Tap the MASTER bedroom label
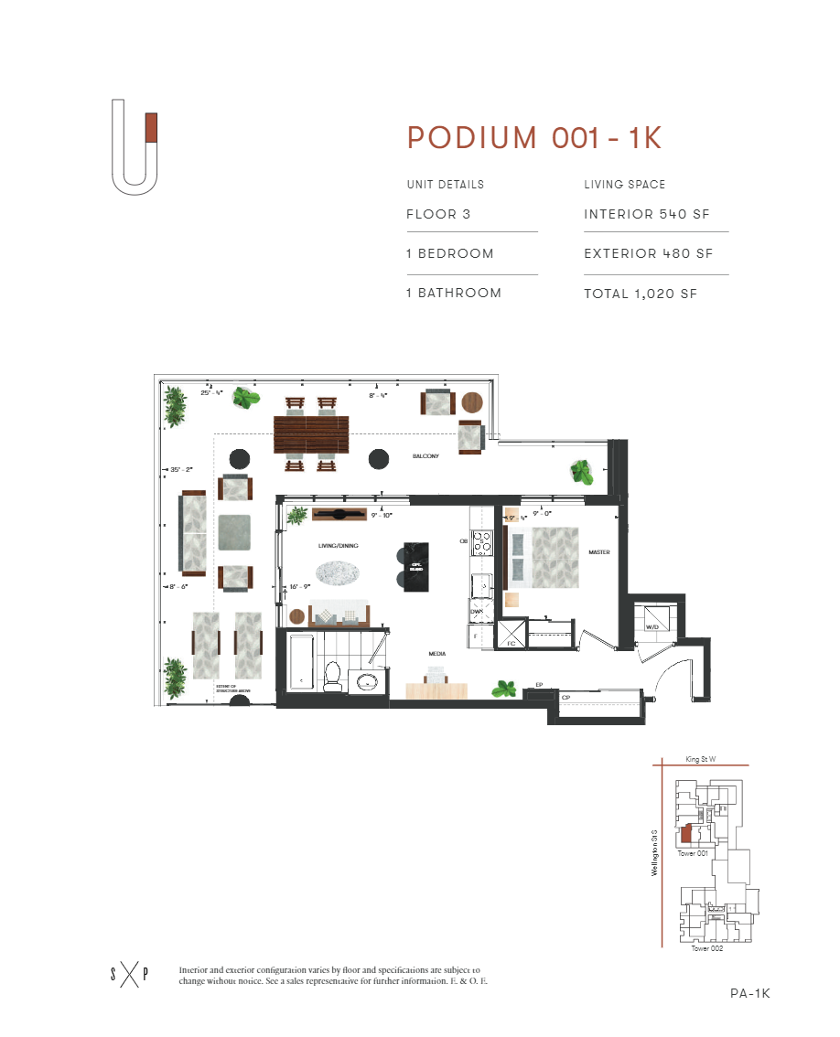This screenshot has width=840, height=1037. [599, 552]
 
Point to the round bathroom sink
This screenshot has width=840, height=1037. [368, 681]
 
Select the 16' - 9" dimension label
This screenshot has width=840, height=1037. [301, 587]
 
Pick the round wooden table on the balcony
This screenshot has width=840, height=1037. [473, 403]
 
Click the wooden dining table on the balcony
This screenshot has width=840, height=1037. [311, 434]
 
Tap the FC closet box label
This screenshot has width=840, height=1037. [512, 644]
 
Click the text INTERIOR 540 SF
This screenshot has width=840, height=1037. [646, 215]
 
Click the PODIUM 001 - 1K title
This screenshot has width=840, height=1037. [534, 137]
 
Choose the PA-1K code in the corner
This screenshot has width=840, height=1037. [750, 994]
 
